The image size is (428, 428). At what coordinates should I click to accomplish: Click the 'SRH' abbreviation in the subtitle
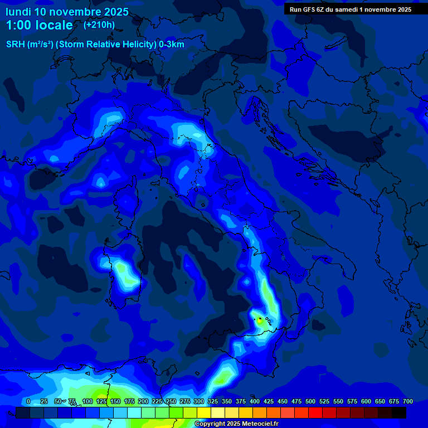(16, 45)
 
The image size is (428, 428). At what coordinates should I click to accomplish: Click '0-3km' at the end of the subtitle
(171, 45)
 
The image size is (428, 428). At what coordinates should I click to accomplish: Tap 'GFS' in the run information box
(310, 9)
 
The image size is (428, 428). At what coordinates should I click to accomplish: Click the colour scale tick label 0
(28, 402)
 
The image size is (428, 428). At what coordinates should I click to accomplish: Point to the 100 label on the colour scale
(87, 402)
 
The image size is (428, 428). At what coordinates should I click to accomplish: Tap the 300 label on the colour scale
(199, 402)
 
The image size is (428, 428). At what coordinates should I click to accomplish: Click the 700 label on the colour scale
(408, 402)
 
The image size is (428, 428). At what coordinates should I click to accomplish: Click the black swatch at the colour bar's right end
(399, 412)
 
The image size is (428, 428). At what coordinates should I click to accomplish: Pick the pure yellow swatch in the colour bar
(204, 412)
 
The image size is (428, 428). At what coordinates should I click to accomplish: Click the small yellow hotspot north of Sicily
(259, 320)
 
